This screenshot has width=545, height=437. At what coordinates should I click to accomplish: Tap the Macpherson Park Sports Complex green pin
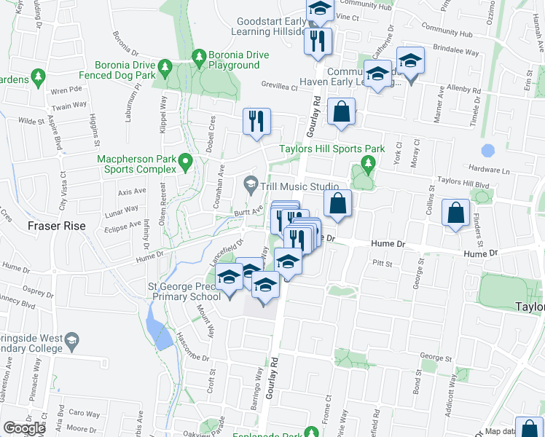click(x=186, y=162)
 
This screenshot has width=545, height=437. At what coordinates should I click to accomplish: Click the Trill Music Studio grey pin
click(x=252, y=184)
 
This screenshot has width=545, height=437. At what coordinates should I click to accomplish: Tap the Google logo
click(x=24, y=428)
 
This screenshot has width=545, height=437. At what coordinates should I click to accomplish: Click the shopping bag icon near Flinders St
click(x=455, y=213)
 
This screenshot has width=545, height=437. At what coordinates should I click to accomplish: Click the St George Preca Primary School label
click(x=184, y=291)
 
